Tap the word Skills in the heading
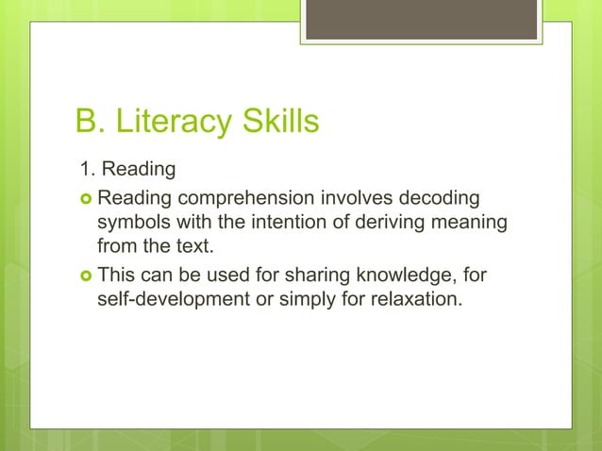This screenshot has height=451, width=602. point(277,122)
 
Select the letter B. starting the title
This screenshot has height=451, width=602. point(90,122)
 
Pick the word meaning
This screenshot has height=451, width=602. point(475,224)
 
